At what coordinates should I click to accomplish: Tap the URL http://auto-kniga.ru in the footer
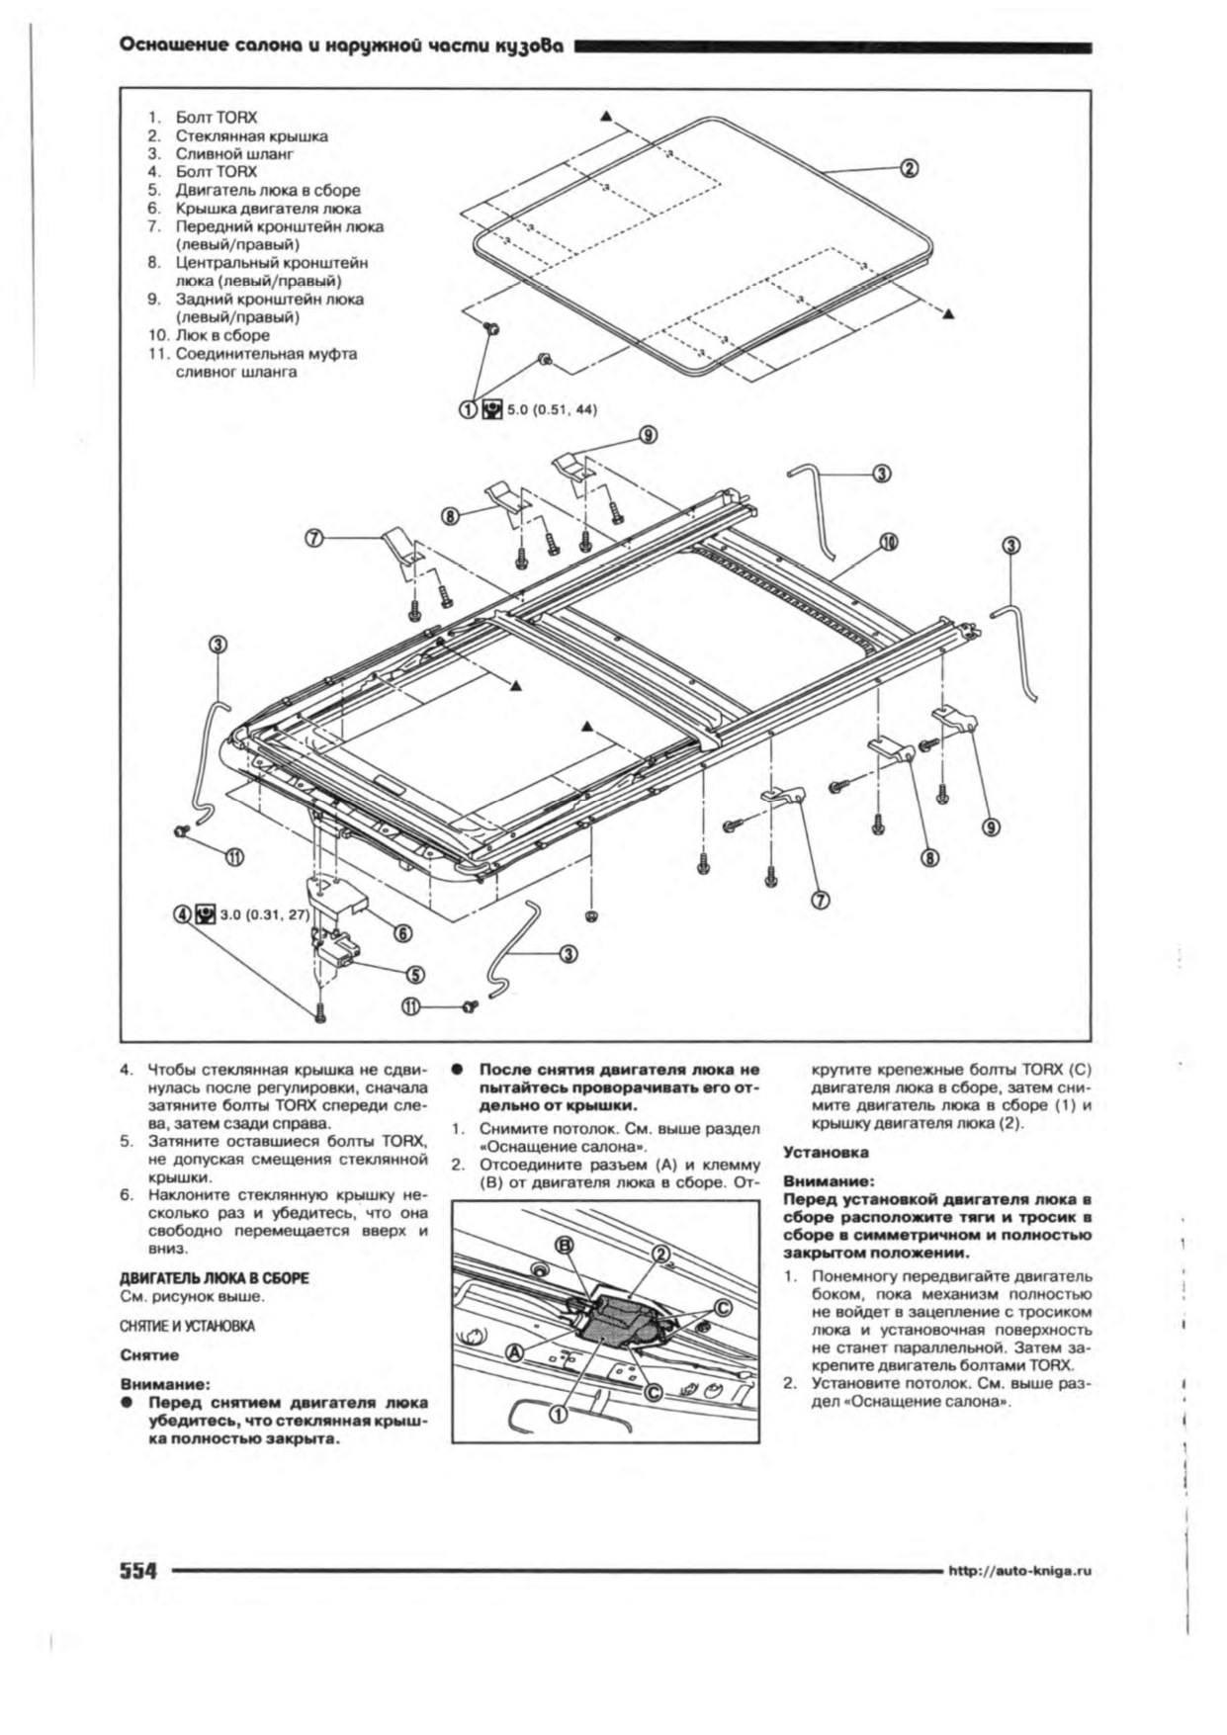pyautogui.click(x=1019, y=1571)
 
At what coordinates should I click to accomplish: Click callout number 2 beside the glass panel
pyautogui.click(x=910, y=168)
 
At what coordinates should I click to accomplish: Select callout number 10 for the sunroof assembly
pyautogui.click(x=889, y=542)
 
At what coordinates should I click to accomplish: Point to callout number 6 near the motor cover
pyautogui.click(x=403, y=932)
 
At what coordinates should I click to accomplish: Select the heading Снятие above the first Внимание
pyautogui.click(x=149, y=1355)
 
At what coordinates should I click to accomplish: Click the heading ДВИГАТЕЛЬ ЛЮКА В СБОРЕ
pyautogui.click(x=215, y=1278)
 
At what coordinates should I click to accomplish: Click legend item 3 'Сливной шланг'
pyautogui.click(x=234, y=154)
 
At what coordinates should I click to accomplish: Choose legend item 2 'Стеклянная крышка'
pyautogui.click(x=251, y=136)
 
